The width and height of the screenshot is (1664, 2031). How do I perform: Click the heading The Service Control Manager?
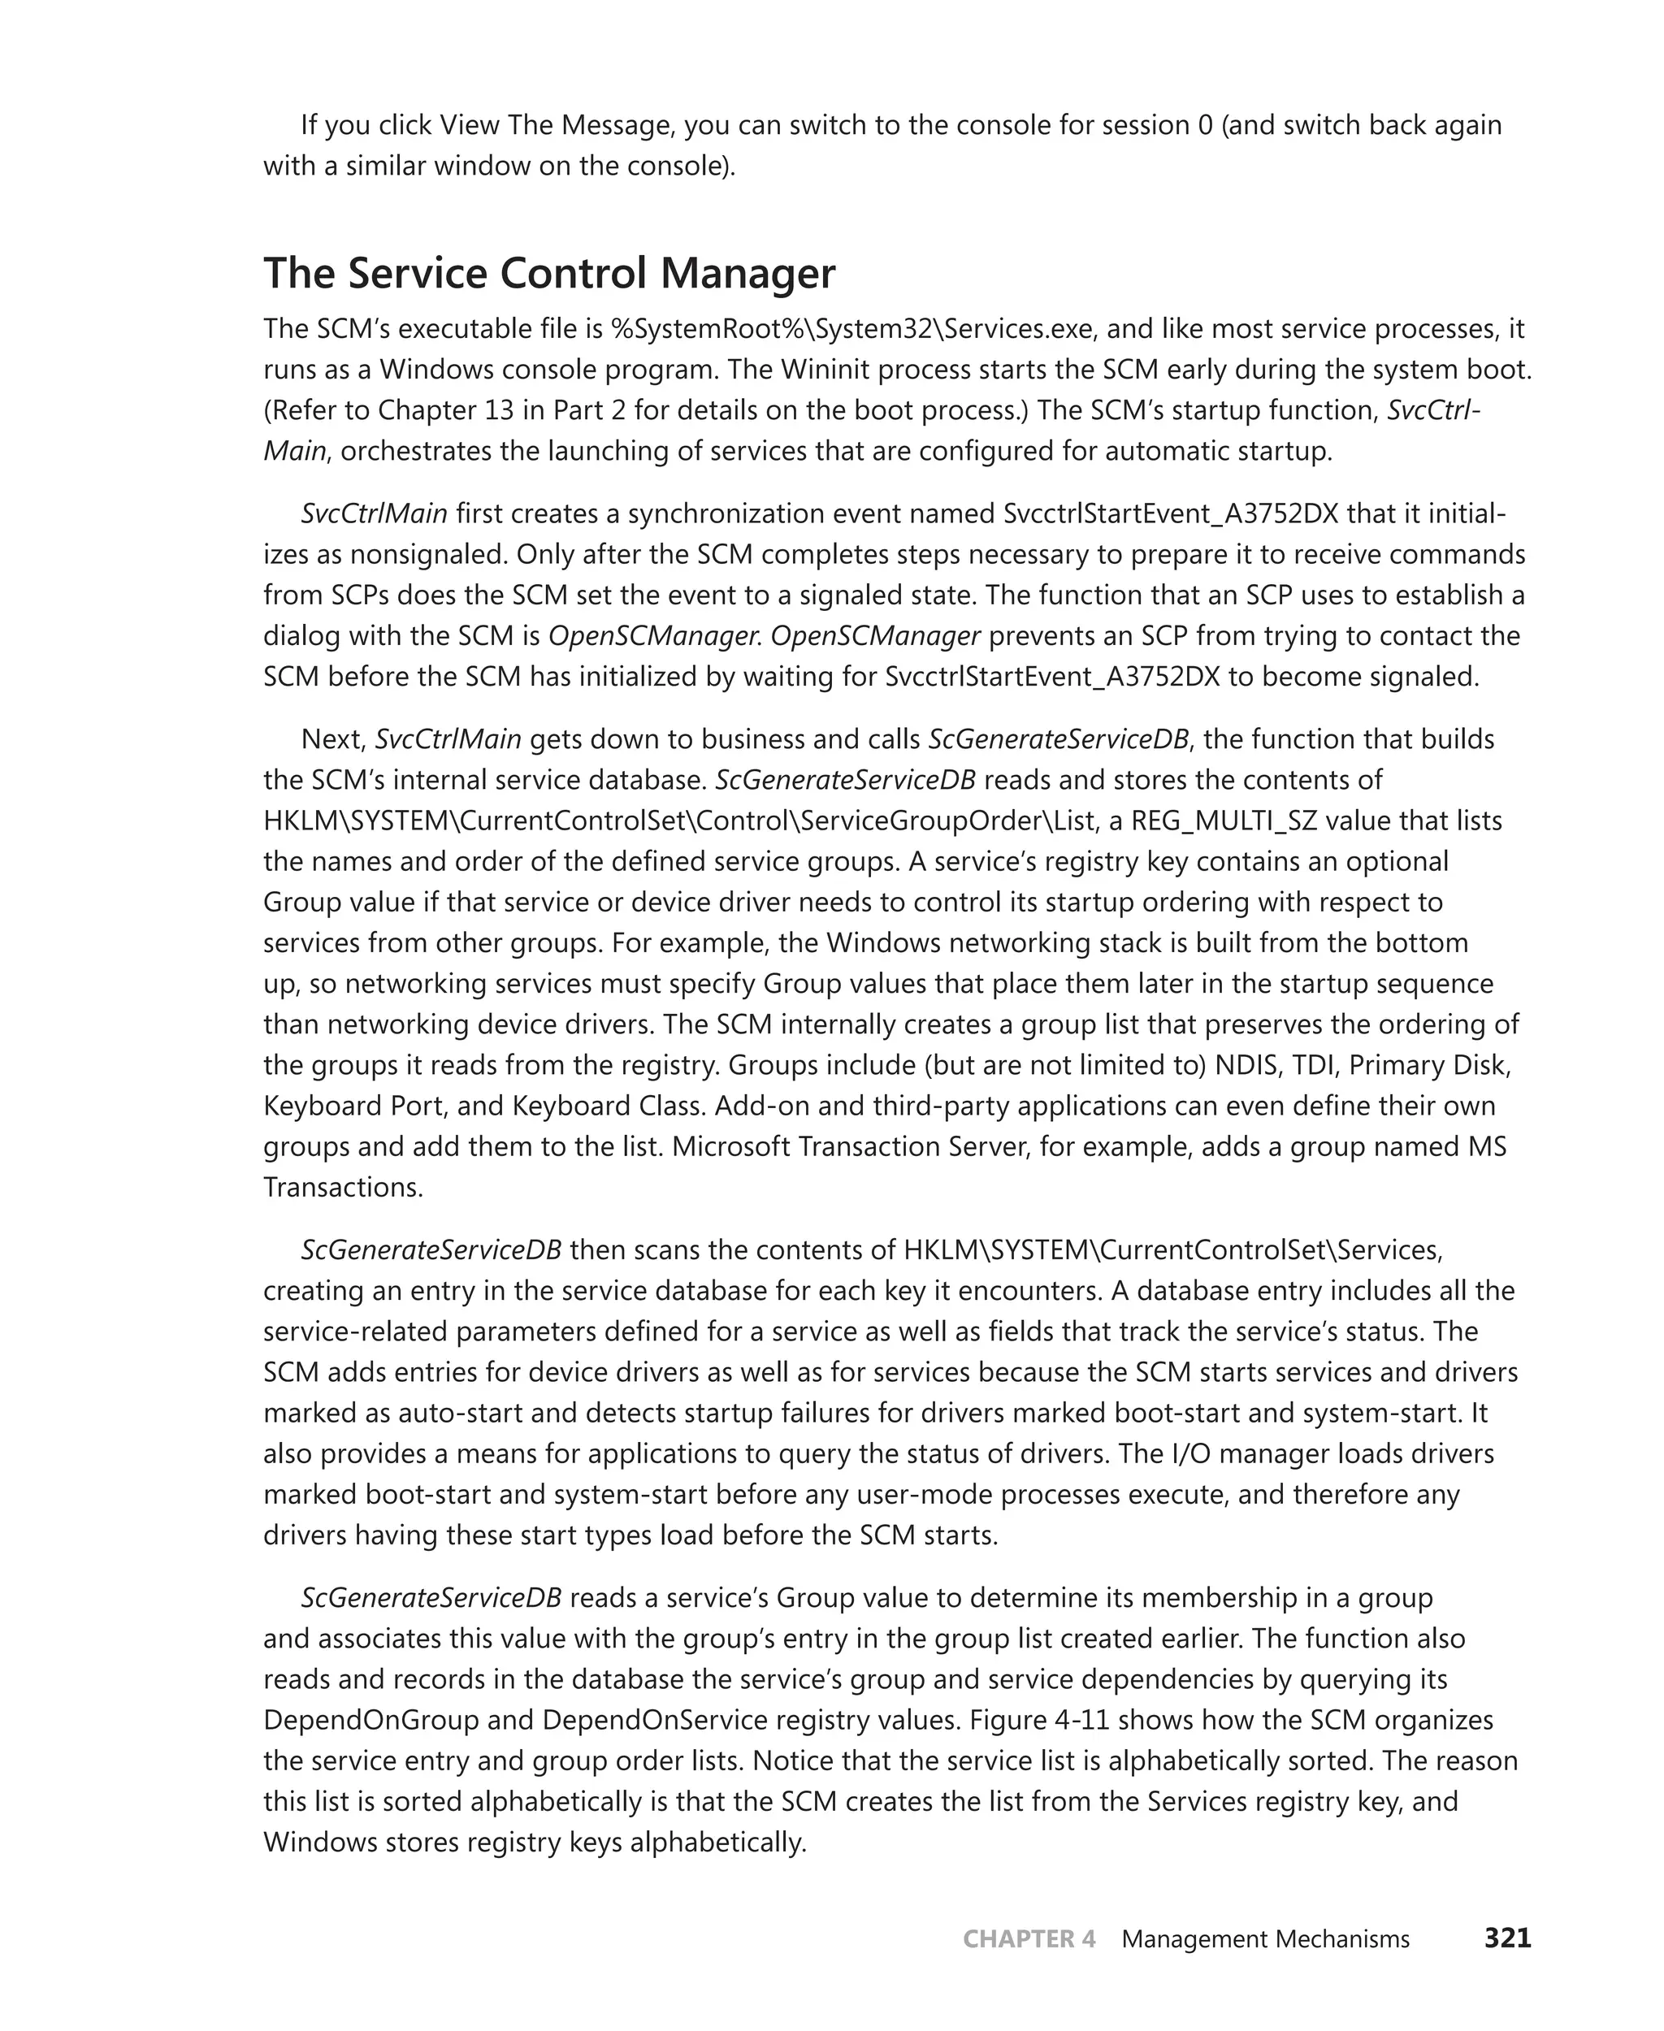549,273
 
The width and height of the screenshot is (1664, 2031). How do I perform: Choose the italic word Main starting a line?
295,452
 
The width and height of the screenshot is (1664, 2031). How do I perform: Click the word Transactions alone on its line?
342,1188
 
